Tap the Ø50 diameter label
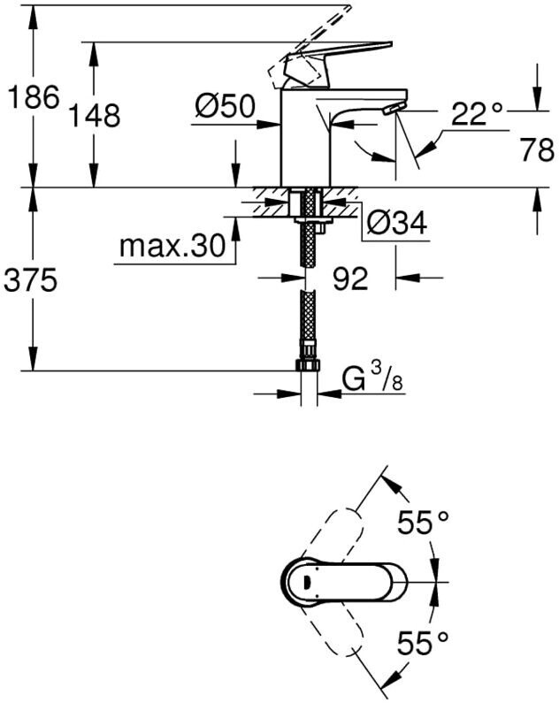tap(225, 108)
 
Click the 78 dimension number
tap(536, 151)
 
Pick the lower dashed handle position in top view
tap(335, 633)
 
